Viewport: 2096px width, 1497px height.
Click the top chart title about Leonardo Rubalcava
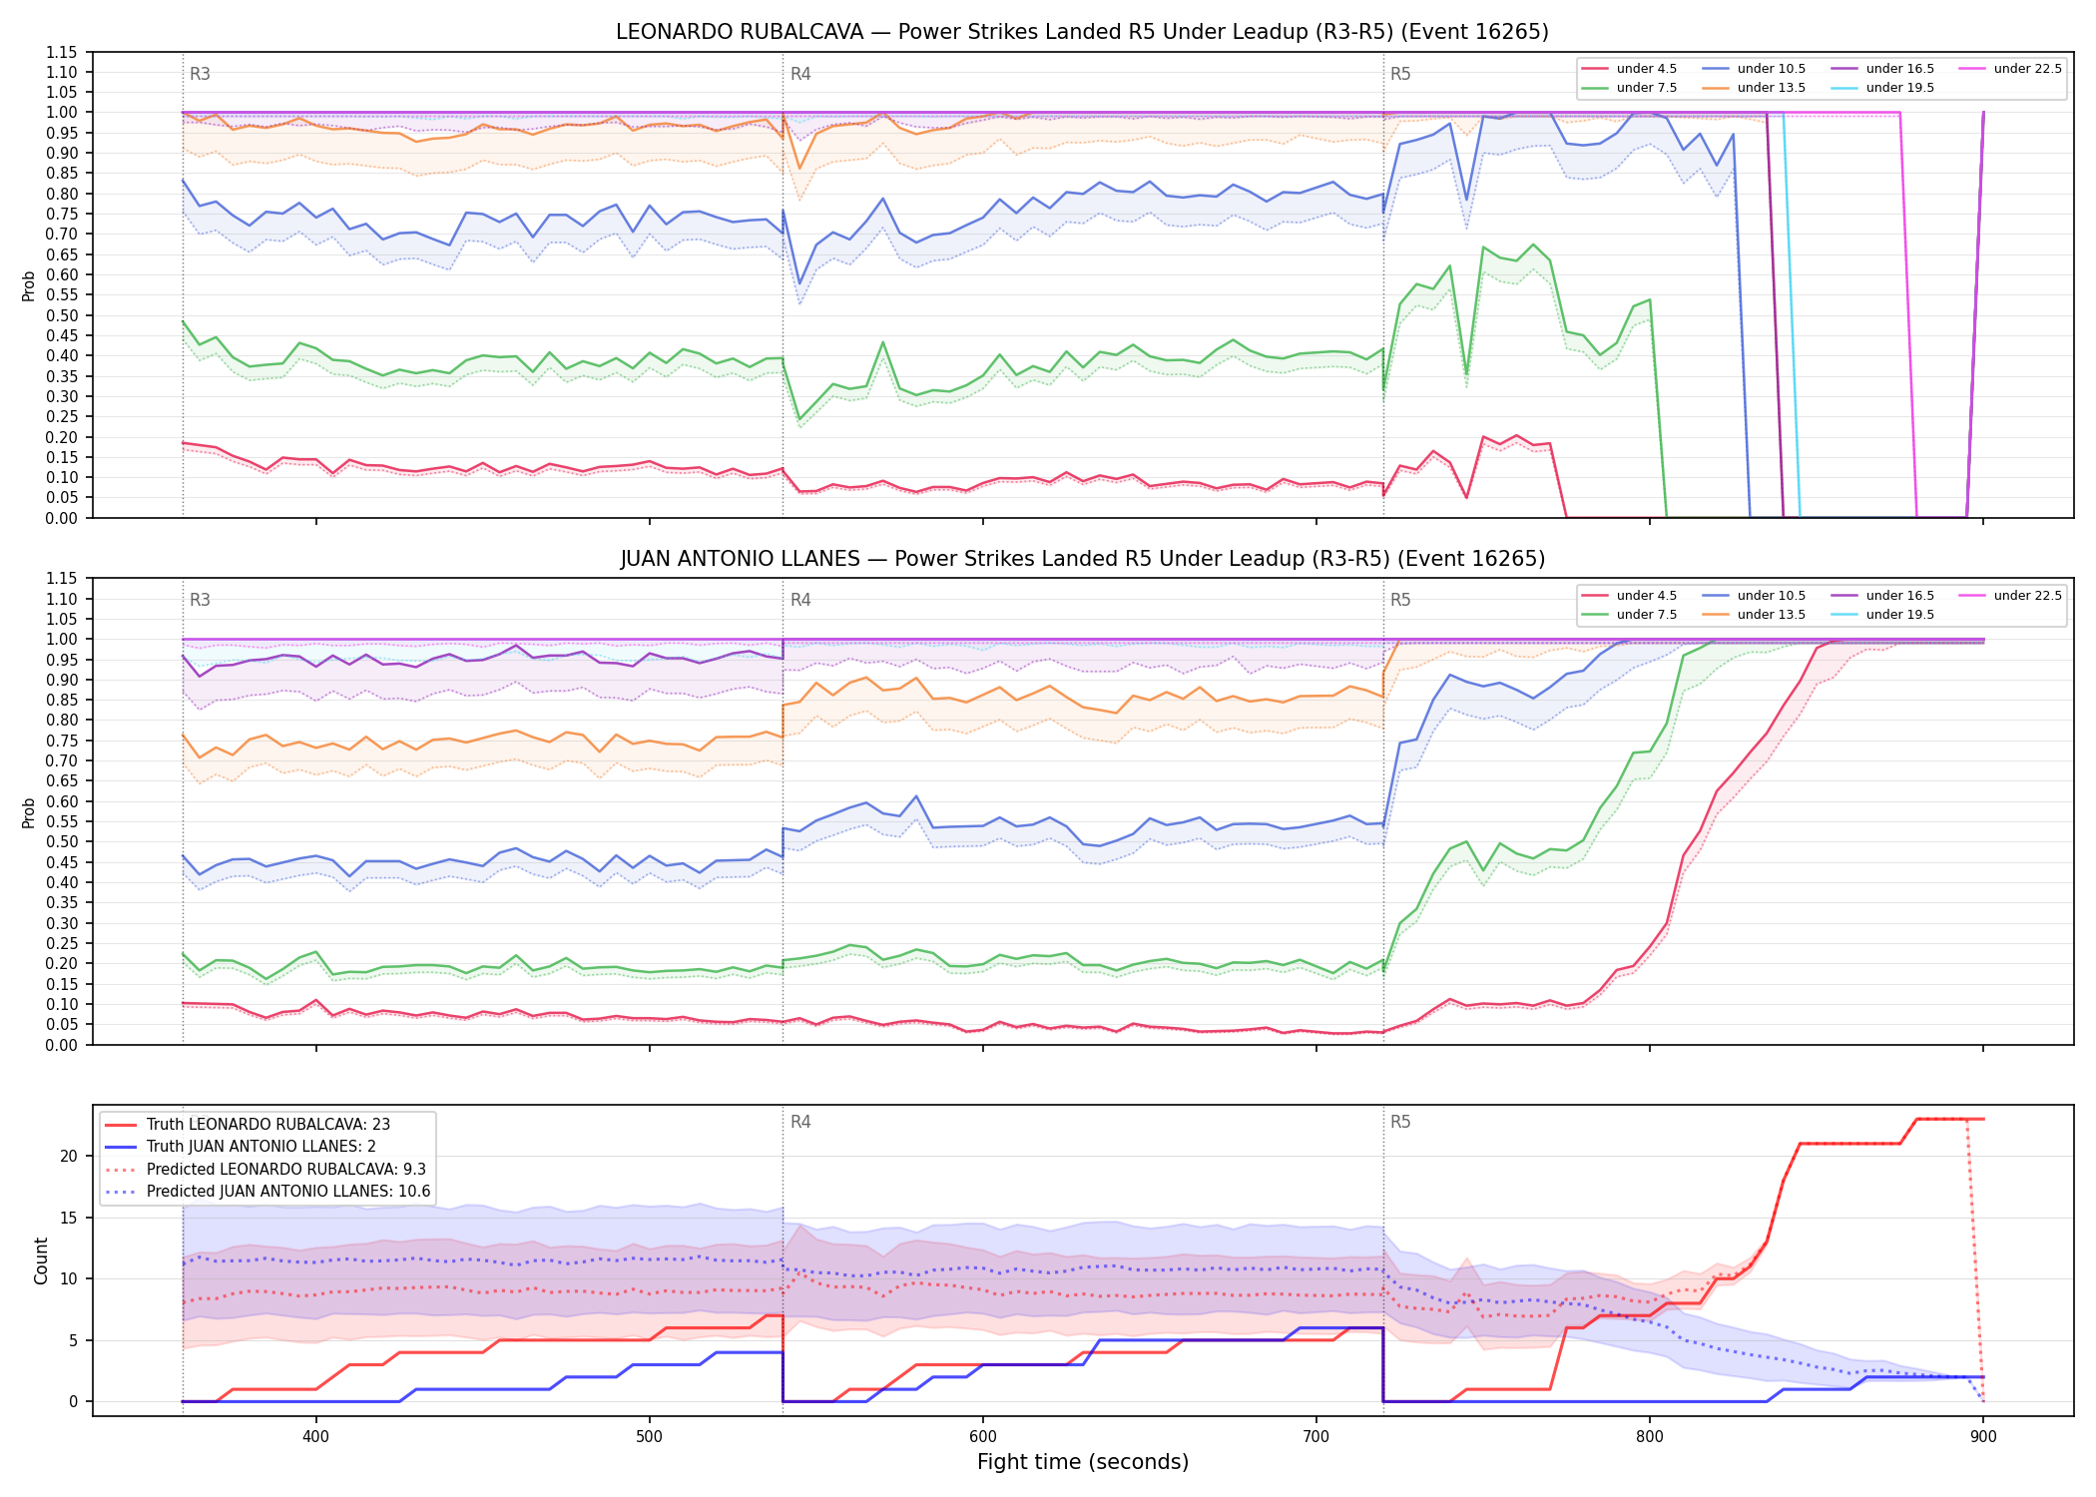tap(1082, 32)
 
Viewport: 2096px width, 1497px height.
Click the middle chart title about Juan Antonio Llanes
tap(1082, 559)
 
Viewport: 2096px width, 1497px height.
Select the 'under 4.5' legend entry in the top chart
tap(1629, 69)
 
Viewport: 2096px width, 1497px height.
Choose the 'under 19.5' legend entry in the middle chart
tap(1882, 615)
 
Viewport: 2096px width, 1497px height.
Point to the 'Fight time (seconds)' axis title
tap(1083, 1462)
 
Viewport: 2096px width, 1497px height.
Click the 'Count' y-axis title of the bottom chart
tap(41, 1260)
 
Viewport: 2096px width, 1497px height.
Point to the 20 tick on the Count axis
tap(69, 1156)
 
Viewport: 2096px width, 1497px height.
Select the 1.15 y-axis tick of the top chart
tap(61, 52)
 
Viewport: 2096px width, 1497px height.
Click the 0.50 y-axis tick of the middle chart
tap(61, 841)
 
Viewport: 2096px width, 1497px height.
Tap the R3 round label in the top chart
tap(200, 74)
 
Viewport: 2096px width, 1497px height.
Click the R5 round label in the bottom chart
tap(1400, 1122)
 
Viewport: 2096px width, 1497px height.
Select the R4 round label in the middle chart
tap(800, 600)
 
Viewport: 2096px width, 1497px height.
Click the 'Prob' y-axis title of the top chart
tap(29, 285)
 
